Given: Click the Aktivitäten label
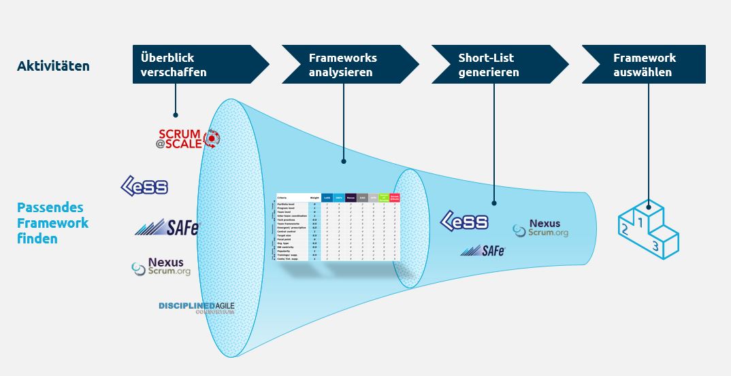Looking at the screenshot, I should (x=53, y=66).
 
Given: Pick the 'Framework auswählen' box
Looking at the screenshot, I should (x=643, y=65).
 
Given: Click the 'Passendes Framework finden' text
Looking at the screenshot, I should (x=53, y=223).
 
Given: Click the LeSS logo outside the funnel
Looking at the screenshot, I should (x=144, y=186).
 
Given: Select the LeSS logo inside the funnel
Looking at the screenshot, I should (x=465, y=221).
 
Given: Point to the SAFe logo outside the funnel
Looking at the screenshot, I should (x=167, y=226).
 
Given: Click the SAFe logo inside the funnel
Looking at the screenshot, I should (x=483, y=250).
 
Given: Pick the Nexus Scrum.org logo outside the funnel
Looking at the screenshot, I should (x=161, y=267).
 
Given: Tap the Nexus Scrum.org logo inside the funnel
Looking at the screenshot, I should (x=540, y=228).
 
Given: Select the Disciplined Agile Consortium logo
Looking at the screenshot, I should (x=196, y=307).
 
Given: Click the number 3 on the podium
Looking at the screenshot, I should (x=655, y=246).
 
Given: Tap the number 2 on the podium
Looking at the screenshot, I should (x=624, y=230).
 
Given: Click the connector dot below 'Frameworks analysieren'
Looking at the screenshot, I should (x=344, y=162).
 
